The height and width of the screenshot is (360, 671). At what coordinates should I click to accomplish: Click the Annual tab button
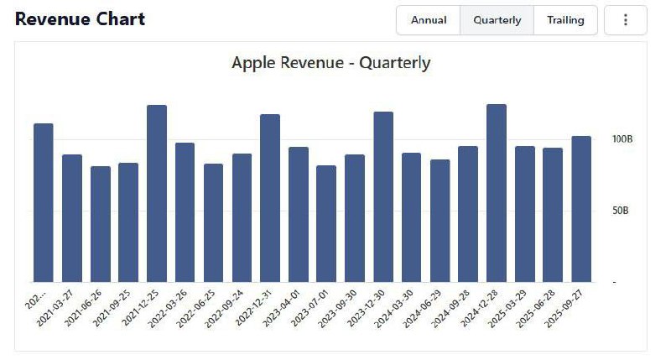429,20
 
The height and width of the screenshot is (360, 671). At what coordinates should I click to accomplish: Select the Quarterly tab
497,20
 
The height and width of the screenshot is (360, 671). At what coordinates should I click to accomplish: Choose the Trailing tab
565,20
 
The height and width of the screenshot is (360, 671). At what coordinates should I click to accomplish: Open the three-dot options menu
625,20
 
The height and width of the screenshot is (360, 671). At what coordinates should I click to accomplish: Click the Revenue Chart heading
80,19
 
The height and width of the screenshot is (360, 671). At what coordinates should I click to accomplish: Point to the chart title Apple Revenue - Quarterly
330,63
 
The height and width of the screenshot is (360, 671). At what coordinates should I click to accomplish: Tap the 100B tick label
622,139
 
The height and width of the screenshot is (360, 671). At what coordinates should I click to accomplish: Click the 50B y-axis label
620,211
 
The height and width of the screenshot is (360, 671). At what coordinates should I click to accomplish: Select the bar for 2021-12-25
157,194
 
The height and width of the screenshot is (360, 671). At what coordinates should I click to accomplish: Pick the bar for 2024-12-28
497,193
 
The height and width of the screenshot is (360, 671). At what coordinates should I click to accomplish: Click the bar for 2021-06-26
100,224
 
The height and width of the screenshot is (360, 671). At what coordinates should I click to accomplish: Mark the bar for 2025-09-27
581,209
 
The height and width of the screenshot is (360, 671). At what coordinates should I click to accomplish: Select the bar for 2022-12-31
270,198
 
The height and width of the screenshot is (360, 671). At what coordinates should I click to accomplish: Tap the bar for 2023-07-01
326,224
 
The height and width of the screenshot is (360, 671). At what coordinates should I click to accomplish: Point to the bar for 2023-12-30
383,197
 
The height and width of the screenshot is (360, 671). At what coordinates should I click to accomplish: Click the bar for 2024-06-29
440,221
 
